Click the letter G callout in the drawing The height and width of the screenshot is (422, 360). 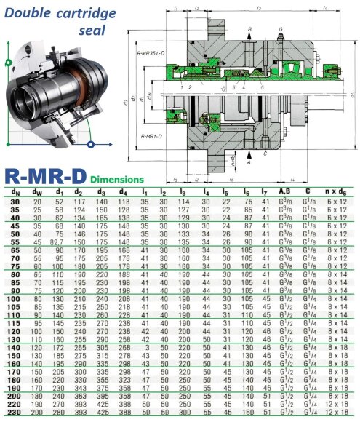[281, 29]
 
